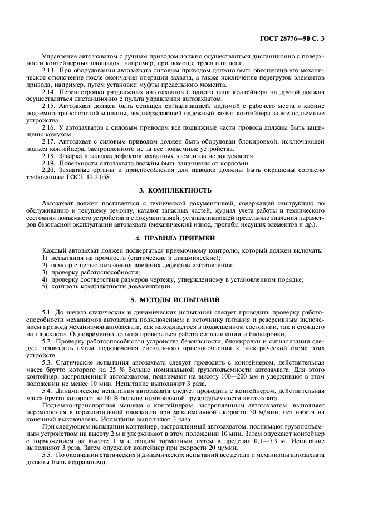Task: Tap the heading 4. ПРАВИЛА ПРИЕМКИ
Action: pyautogui.click(x=184, y=239)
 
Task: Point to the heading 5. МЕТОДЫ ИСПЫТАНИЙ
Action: pyautogui.click(x=184, y=298)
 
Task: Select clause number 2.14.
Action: pyautogui.click(x=49, y=90)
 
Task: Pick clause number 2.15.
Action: pyautogui.click(x=49, y=105)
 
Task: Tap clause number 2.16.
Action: pyautogui.click(x=49, y=127)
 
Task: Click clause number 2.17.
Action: pyautogui.click(x=49, y=142)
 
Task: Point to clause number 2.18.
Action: pyautogui.click(x=49, y=156)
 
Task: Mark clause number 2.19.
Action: pyautogui.click(x=49, y=164)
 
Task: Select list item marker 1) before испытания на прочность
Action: pyautogui.click(x=45, y=258)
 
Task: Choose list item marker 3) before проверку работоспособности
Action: pyautogui.click(x=45, y=273)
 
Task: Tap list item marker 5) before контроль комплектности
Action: pyautogui.click(x=45, y=287)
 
